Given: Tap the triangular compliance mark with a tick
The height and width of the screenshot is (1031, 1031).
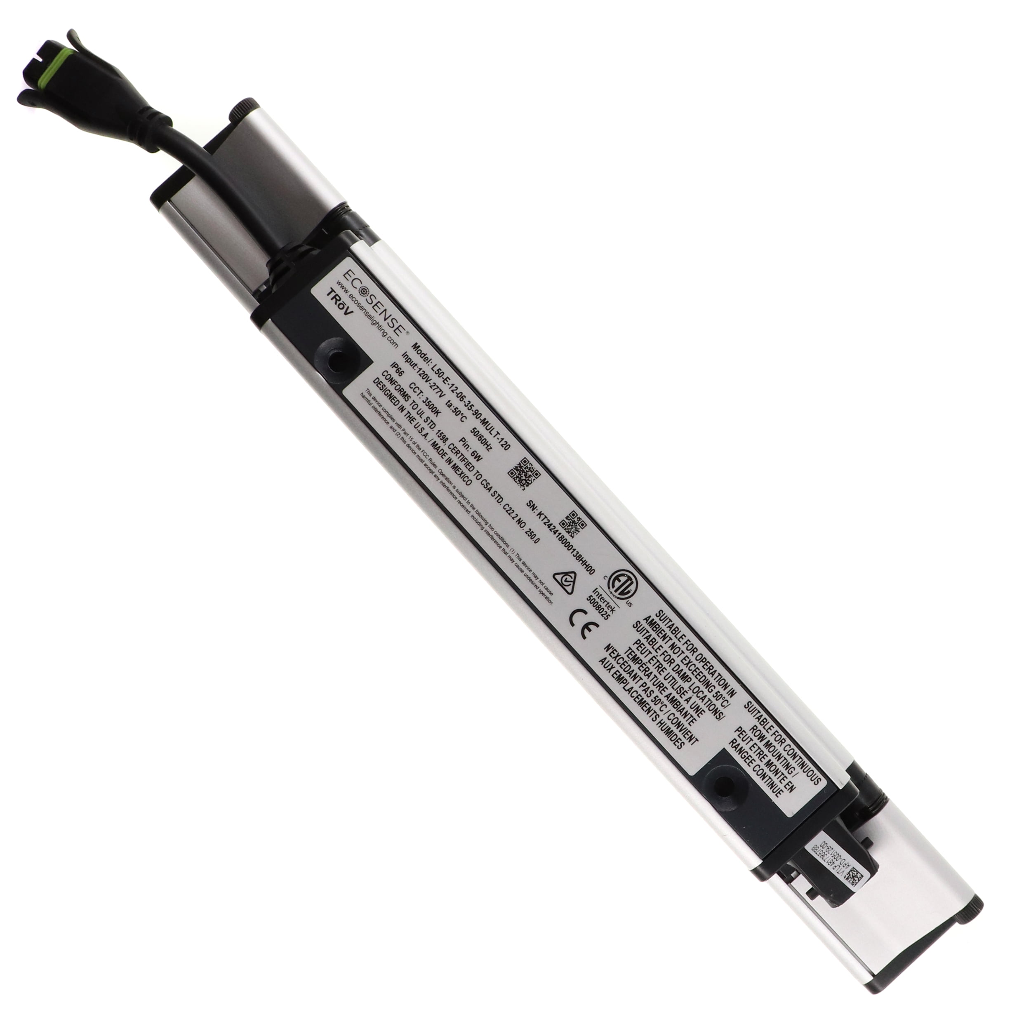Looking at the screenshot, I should coord(563,581).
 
